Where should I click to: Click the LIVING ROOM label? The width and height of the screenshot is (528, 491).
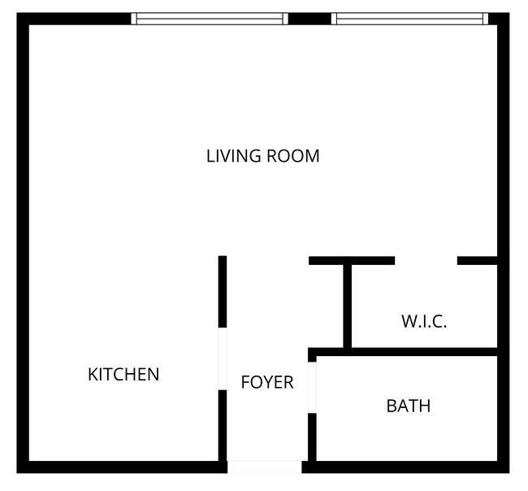[262, 155]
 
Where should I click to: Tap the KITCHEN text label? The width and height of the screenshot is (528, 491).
[123, 375]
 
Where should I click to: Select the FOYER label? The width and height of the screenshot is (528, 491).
[266, 382]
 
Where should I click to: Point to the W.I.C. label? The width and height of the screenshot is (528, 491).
[424, 321]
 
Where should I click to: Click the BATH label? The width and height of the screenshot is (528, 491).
[408, 406]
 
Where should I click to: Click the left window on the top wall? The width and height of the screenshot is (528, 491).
[210, 19]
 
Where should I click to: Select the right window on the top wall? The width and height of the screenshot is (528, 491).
[409, 19]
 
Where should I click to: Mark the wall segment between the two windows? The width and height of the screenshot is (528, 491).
[309, 19]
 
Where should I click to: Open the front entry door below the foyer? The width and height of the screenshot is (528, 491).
[264, 467]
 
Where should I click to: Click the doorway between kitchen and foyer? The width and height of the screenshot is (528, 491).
[222, 358]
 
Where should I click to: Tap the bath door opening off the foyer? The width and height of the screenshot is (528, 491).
[312, 388]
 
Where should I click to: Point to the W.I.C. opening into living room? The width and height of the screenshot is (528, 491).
[426, 261]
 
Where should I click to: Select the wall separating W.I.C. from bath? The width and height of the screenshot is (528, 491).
[406, 352]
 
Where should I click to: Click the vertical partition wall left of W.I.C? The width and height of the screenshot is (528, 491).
[347, 305]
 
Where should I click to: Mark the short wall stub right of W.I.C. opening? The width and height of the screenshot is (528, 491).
[477, 261]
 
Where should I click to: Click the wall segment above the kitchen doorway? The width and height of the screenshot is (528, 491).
[222, 291]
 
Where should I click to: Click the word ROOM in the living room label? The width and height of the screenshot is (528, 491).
[294, 155]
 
